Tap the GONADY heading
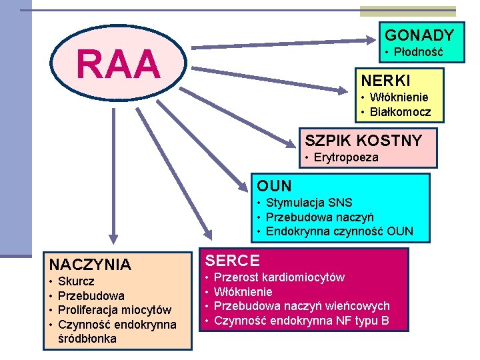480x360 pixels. coord(420,35)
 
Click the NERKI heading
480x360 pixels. coord(386,80)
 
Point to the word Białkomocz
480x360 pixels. coord(401,111)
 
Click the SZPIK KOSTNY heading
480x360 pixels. coord(363,141)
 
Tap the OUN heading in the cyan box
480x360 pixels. coord(274,185)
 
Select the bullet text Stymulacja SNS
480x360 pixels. coord(309,203)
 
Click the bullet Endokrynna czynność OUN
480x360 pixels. coord(339,231)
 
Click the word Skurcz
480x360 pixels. coord(77,281)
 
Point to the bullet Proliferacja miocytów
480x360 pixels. coord(115,310)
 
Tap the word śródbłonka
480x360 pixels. coord(87,339)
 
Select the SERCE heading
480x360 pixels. coord(233,261)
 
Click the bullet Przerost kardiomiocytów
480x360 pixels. coord(279,277)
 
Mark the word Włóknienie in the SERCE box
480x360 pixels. coord(243,292)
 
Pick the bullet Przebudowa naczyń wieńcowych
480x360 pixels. coord(301,306)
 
